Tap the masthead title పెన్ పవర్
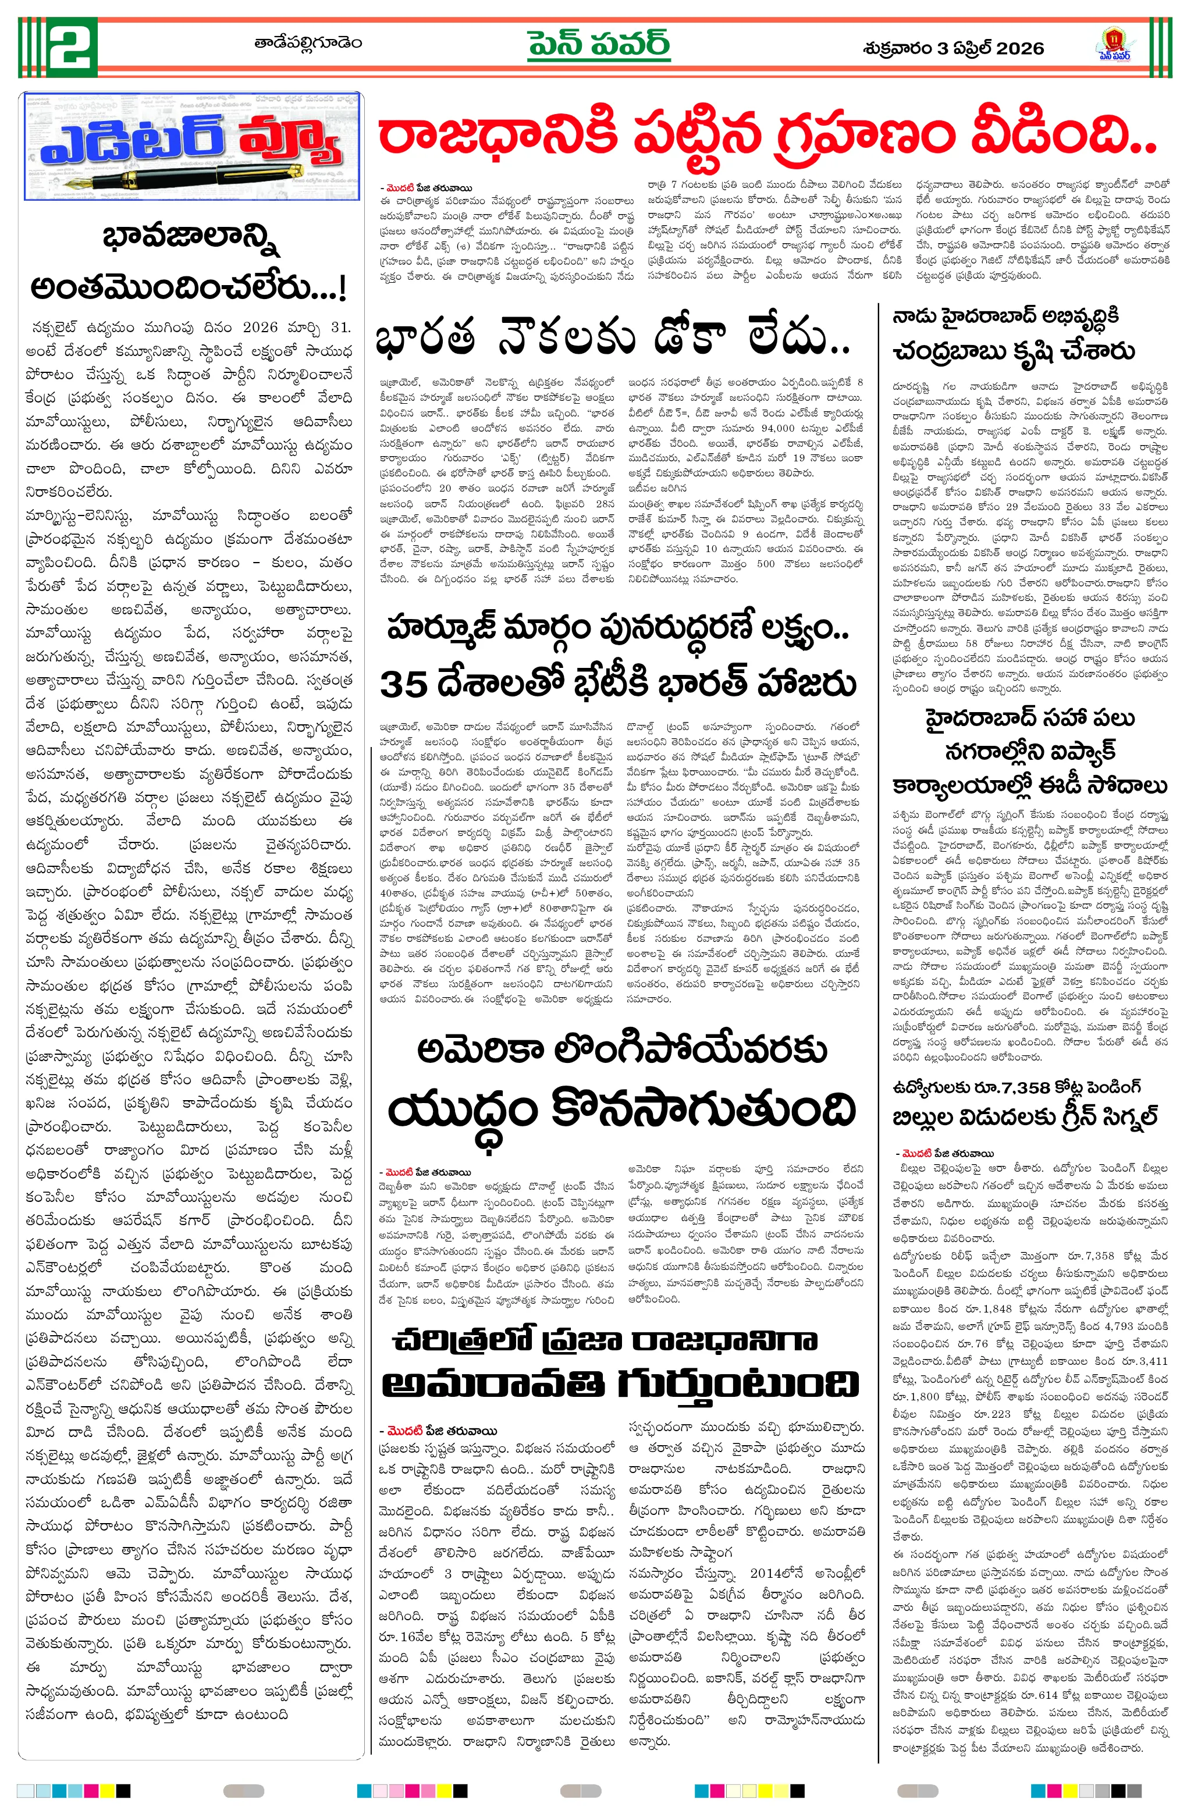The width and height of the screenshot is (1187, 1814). click(x=599, y=44)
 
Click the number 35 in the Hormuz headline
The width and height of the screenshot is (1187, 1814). click(x=403, y=684)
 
